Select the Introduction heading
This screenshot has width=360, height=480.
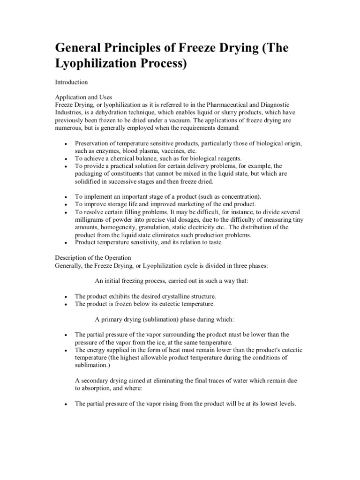[71, 82]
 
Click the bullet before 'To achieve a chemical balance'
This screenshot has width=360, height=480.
[66, 159]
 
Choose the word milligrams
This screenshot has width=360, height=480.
[90, 219]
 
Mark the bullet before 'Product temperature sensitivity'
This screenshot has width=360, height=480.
[66, 242]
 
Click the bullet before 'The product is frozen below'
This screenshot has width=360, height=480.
[66, 304]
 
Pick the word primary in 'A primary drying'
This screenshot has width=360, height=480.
[112, 319]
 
